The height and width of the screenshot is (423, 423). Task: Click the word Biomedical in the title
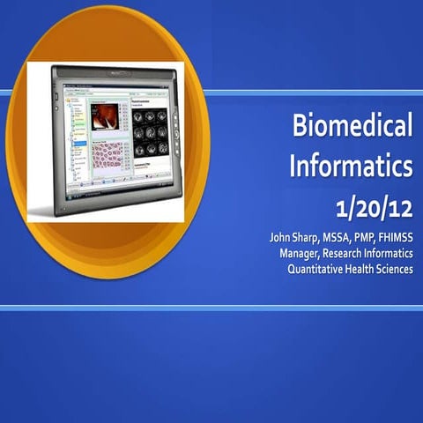(352, 128)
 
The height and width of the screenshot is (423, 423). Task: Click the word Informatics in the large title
(351, 165)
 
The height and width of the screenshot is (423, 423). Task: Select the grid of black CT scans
(151, 132)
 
